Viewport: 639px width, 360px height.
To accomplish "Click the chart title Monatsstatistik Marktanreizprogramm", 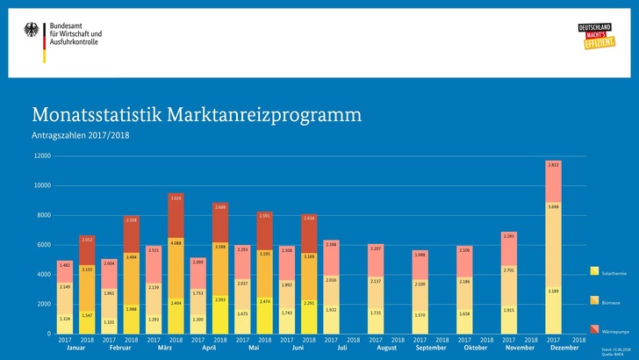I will tap(196, 116).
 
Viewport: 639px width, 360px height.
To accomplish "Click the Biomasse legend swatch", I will tap(594, 300).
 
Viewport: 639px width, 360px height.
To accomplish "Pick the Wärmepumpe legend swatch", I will tap(594, 329).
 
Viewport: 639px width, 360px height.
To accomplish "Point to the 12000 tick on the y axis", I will tap(40, 156).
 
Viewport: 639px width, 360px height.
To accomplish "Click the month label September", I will tap(430, 348).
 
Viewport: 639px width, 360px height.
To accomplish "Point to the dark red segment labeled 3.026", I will tap(176, 198).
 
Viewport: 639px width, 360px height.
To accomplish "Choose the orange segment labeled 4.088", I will tap(176, 242).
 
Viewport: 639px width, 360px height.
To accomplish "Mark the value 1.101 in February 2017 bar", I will tap(110, 321).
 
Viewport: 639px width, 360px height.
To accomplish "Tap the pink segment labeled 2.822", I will tap(553, 164).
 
